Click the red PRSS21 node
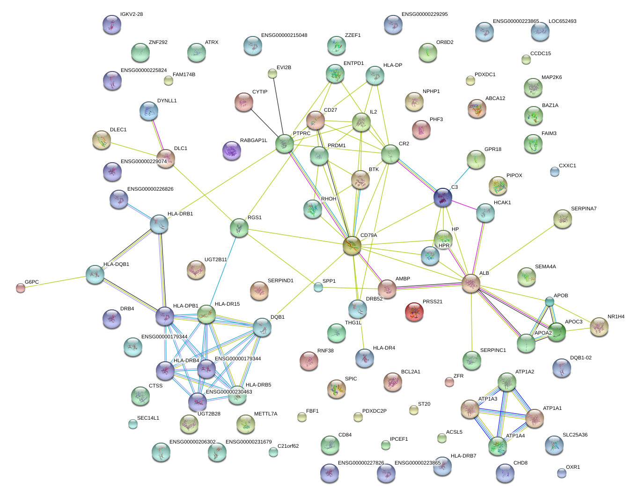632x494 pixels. click(414, 311)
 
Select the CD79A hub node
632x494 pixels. click(352, 245)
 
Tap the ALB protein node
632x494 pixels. click(471, 283)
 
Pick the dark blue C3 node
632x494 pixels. click(442, 197)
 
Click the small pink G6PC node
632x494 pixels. click(20, 288)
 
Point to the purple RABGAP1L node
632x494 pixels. click(231, 150)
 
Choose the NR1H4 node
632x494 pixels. click(599, 327)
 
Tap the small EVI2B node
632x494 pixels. click(272, 73)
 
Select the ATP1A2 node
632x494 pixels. click(507, 381)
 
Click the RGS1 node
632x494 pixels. click(239, 228)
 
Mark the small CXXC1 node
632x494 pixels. click(554, 172)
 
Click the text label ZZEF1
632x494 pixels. click(353, 36)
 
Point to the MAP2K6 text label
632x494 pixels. click(551, 78)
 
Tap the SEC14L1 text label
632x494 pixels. click(148, 418)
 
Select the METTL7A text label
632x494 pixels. click(265, 414)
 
